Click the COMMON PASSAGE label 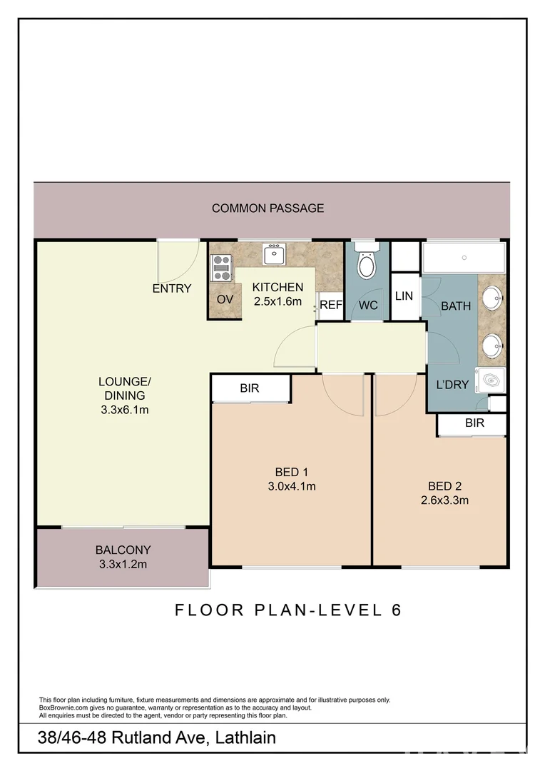pyautogui.click(x=268, y=208)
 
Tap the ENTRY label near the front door pyautogui.click(x=172, y=288)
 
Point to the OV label pyautogui.click(x=225, y=299)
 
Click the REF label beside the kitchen pyautogui.click(x=331, y=305)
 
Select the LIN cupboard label pyautogui.click(x=404, y=296)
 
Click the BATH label pyautogui.click(x=456, y=306)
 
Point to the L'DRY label pyautogui.click(x=452, y=385)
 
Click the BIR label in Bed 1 pyautogui.click(x=250, y=389)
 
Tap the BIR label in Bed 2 pyautogui.click(x=474, y=423)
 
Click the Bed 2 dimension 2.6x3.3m pyautogui.click(x=444, y=500)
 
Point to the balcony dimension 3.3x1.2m pyautogui.click(x=123, y=564)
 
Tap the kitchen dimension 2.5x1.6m pyautogui.click(x=278, y=301)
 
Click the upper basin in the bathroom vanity pyautogui.click(x=491, y=295)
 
